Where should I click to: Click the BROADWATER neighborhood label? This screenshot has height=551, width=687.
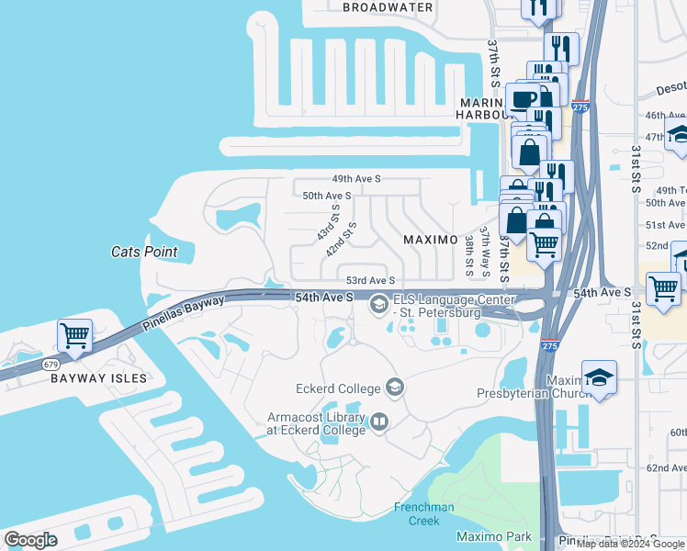387,7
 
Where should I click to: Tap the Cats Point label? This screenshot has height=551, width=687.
144,252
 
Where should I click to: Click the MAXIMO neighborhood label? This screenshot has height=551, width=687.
431,240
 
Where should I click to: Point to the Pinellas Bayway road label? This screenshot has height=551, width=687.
185,314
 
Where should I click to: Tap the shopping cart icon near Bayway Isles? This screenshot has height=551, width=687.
74,336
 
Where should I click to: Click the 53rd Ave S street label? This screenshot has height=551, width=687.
370,281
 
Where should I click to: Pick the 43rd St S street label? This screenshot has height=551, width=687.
328,222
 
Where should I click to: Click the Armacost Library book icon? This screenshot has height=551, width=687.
378,422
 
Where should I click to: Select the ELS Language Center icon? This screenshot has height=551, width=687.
378,304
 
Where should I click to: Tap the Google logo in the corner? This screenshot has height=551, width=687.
30,540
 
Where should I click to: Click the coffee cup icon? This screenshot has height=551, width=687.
525,100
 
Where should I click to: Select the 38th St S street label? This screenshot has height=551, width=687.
469,255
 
